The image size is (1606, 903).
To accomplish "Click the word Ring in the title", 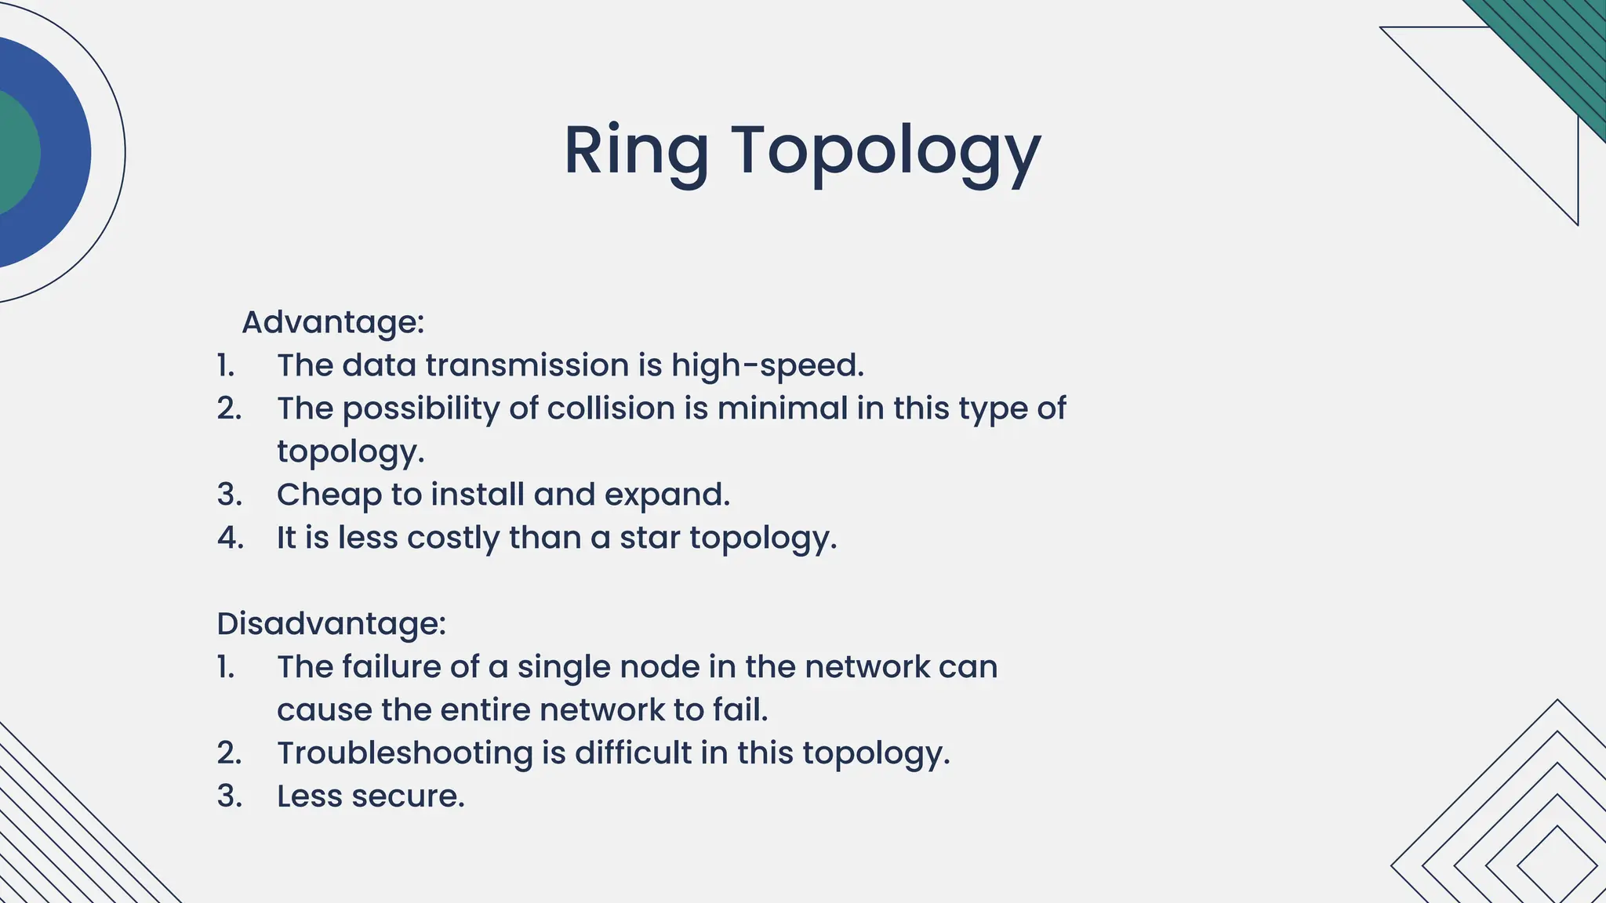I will pyautogui.click(x=636, y=150).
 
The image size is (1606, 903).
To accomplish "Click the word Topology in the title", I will pyautogui.click(x=886, y=150).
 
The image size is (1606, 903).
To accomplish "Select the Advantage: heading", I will pyautogui.click(x=333, y=322).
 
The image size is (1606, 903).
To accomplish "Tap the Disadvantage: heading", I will pyautogui.click(x=331, y=624).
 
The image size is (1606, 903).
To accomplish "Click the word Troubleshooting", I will pyautogui.click(x=405, y=753).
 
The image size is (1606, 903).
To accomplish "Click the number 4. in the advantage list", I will pyautogui.click(x=230, y=538).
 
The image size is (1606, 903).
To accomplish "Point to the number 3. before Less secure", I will pyautogui.click(x=229, y=796).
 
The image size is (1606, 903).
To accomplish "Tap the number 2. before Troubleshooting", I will pyautogui.click(x=229, y=753).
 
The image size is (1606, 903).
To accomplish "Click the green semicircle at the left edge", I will pyautogui.click(x=17, y=153).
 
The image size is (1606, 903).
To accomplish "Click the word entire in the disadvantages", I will pyautogui.click(x=485, y=710).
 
